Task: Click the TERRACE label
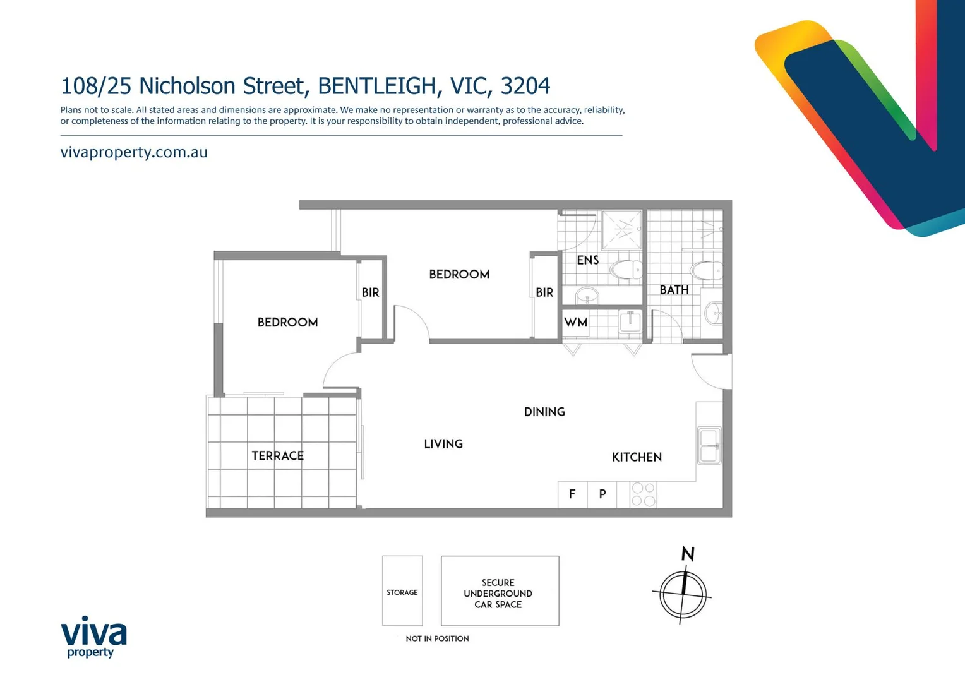coord(277,455)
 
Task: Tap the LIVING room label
coord(443,444)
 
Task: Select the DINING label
coord(544,412)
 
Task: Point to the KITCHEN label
coord(636,457)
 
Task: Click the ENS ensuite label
coord(587,260)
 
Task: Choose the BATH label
coord(674,290)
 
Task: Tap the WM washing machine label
coord(575,323)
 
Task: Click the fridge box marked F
coord(572,494)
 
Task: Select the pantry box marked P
coord(602,494)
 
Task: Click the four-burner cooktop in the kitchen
coord(643,494)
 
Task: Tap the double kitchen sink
coord(709,446)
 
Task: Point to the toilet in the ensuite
coord(626,270)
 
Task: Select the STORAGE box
coord(402,591)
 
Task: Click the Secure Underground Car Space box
coord(500,591)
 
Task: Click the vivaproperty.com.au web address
coord(134,152)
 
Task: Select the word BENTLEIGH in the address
coord(376,85)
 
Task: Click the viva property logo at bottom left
coord(93,637)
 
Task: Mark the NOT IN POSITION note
coord(437,638)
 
